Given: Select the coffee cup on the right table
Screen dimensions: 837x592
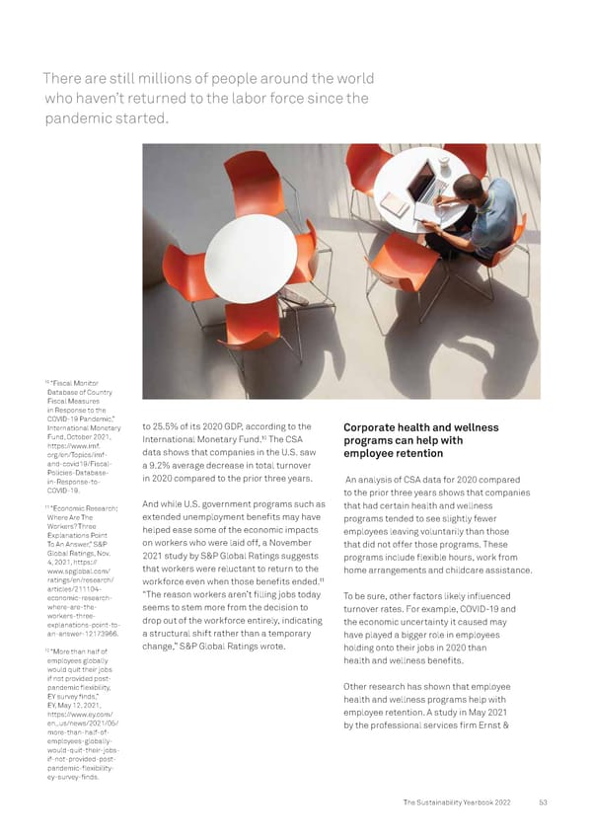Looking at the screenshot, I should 444,160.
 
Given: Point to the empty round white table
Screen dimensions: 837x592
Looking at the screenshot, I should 250,258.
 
